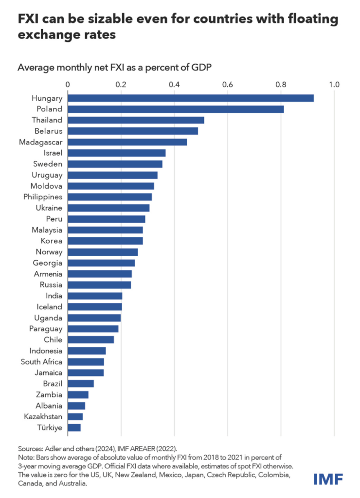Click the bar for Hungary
pos(191,98)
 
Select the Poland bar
pos(176,109)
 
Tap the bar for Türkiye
pos(74,427)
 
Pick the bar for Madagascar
pos(127,142)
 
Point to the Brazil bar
pos(81,383)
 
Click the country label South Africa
pos(42,361)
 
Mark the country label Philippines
pos(43,197)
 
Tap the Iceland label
pos(49,307)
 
